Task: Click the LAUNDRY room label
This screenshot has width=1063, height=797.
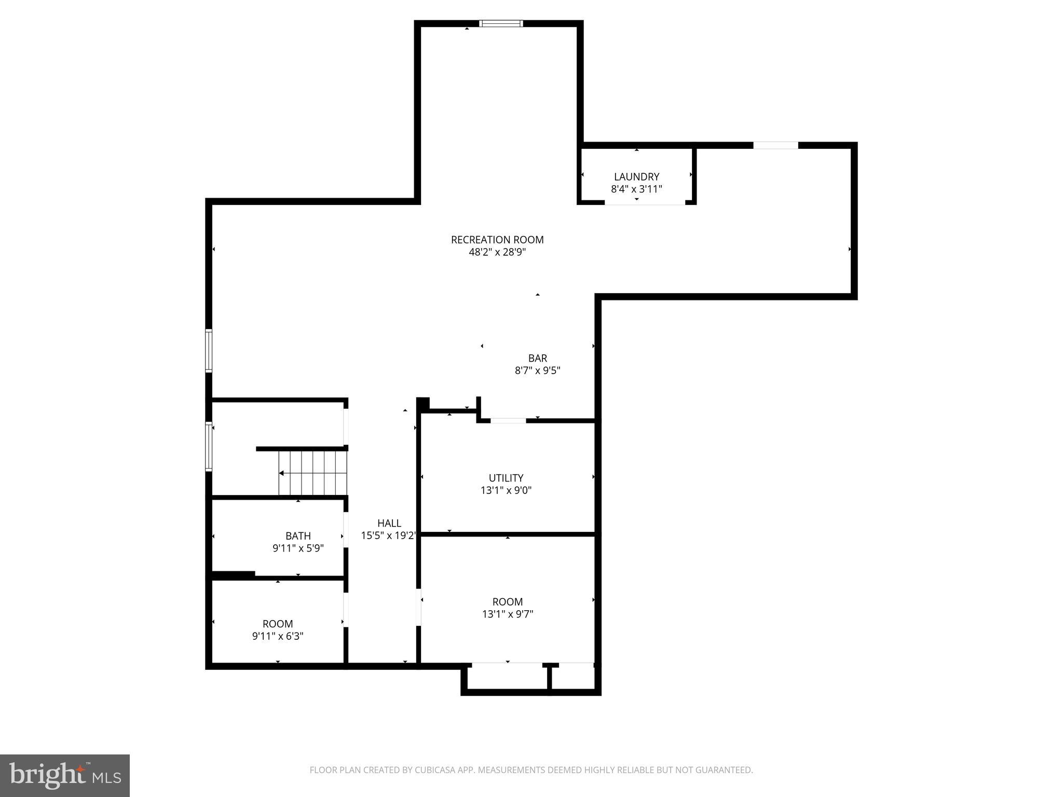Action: coord(636,177)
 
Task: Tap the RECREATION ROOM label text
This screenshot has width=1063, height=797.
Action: coord(497,240)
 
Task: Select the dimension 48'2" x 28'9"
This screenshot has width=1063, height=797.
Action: coord(497,253)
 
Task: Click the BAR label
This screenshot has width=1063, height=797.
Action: coord(537,358)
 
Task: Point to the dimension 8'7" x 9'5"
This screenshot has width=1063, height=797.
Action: coord(537,370)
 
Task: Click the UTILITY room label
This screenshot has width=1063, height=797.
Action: coord(506,478)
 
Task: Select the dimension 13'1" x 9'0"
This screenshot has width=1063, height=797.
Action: coord(506,490)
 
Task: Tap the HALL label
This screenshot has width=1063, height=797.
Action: coord(389,523)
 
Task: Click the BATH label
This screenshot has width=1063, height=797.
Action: coord(298,535)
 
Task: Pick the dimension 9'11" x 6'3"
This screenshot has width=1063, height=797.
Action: coord(278,636)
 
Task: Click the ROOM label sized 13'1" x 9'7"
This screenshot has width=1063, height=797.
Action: coord(507,602)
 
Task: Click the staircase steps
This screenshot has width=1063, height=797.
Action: coord(313,473)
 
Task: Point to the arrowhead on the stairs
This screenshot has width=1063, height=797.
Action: coord(281,473)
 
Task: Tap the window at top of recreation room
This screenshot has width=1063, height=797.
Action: coord(500,23)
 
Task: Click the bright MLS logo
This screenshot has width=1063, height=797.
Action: coord(65,776)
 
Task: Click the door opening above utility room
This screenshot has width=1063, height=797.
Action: coord(508,421)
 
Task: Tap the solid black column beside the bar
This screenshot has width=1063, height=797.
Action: coord(423,404)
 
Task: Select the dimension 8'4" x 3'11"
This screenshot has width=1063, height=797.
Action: coord(636,189)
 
